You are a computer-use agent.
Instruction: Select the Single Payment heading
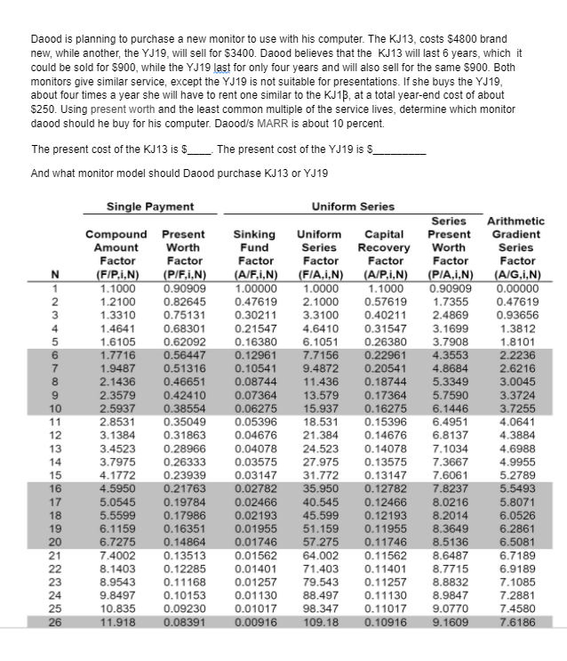pyautogui.click(x=150, y=206)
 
